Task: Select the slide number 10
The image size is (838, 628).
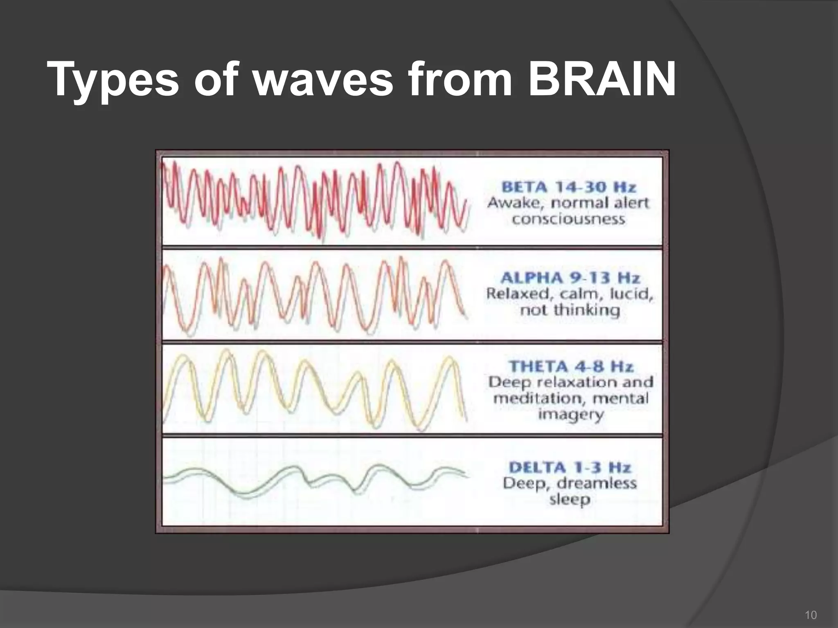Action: [x=811, y=615]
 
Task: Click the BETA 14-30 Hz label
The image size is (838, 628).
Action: [x=569, y=187]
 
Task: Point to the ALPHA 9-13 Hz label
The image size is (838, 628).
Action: [x=570, y=278]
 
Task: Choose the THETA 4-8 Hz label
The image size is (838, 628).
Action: [x=571, y=366]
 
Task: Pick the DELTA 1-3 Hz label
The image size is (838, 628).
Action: [x=570, y=467]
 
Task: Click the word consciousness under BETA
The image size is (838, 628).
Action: [x=569, y=219]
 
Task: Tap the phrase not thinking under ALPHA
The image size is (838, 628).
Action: [x=570, y=310]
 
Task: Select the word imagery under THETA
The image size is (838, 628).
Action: [x=571, y=415]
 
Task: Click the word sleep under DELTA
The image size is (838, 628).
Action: [x=570, y=499]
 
